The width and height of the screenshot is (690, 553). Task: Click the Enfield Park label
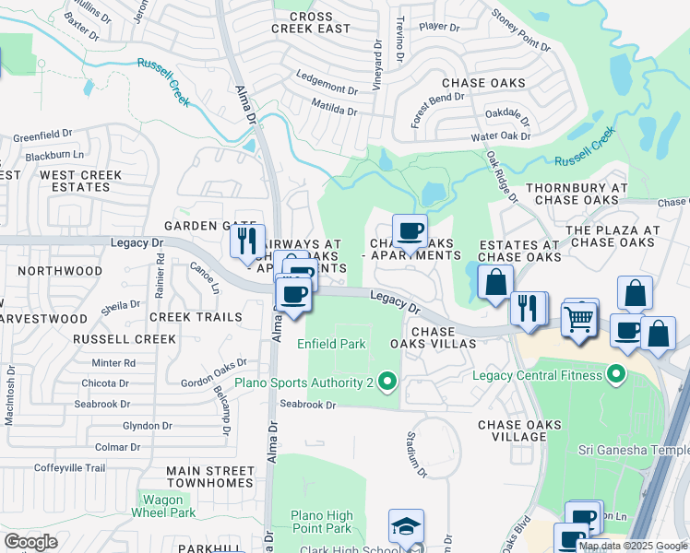pos(331,344)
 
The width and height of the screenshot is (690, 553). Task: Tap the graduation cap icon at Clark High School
pos(406,525)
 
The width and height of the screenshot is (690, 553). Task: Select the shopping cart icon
pos(579,319)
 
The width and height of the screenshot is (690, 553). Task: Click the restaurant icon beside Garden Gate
pos(246,241)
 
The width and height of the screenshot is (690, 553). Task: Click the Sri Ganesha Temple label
pos(633,450)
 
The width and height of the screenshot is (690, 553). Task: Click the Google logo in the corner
pos(30,542)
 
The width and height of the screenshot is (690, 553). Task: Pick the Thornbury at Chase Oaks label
pos(576,194)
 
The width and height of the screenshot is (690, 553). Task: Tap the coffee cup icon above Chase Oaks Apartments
pos(409,230)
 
